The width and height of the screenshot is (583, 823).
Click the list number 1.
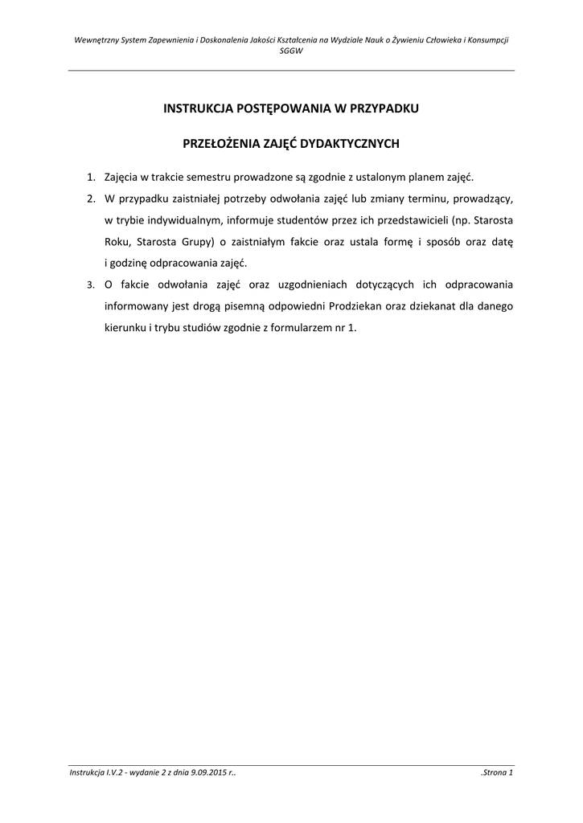(x=91, y=176)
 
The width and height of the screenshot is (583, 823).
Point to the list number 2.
(x=91, y=198)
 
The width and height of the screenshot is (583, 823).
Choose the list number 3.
(x=91, y=285)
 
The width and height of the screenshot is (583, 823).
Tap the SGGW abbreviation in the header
(x=291, y=50)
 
